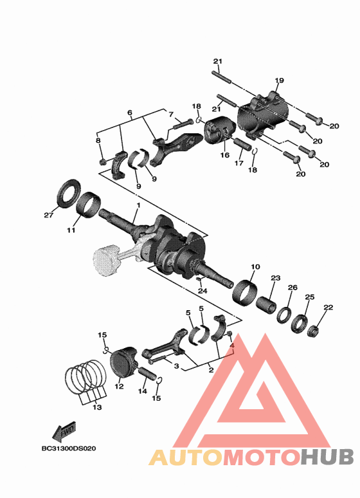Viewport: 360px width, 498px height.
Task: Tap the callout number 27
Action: [x=48, y=215]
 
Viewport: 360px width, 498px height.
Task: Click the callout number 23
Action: [x=275, y=278]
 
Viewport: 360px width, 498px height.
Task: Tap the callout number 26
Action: [x=292, y=288]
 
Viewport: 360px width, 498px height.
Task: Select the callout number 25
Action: [x=309, y=297]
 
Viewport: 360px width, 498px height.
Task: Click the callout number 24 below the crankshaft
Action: [x=203, y=291]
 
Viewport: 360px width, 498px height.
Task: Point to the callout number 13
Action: [x=96, y=407]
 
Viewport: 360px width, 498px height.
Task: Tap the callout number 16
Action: [x=225, y=155]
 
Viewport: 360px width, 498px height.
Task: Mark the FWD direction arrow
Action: [x=64, y=429]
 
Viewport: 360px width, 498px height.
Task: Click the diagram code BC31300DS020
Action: [x=67, y=448]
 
